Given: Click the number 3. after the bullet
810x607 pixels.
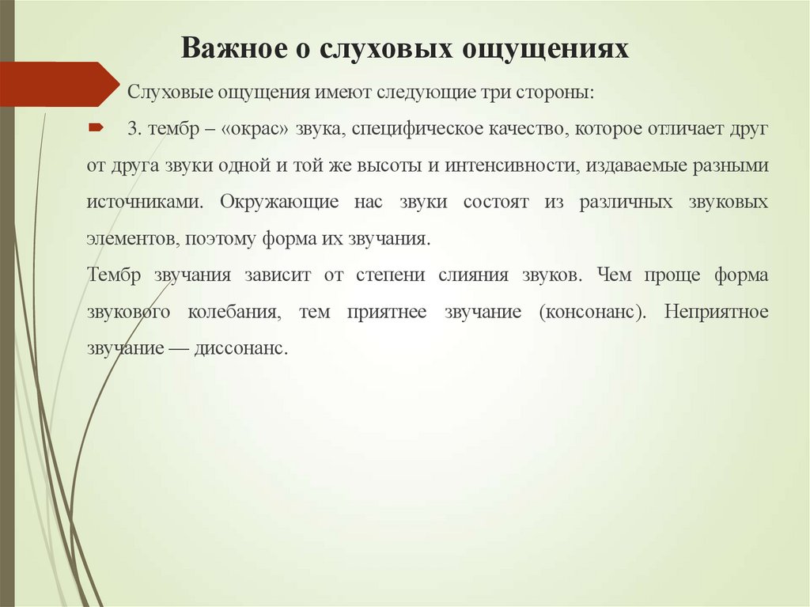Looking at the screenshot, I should point(133,129).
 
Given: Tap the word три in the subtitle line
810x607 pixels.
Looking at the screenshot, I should point(489,93).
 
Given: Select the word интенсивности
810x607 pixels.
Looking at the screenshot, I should point(502,165).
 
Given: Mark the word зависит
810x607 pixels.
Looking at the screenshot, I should point(277,275).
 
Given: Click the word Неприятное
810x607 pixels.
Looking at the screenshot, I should point(716,311).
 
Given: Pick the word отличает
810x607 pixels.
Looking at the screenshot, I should point(695,129).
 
